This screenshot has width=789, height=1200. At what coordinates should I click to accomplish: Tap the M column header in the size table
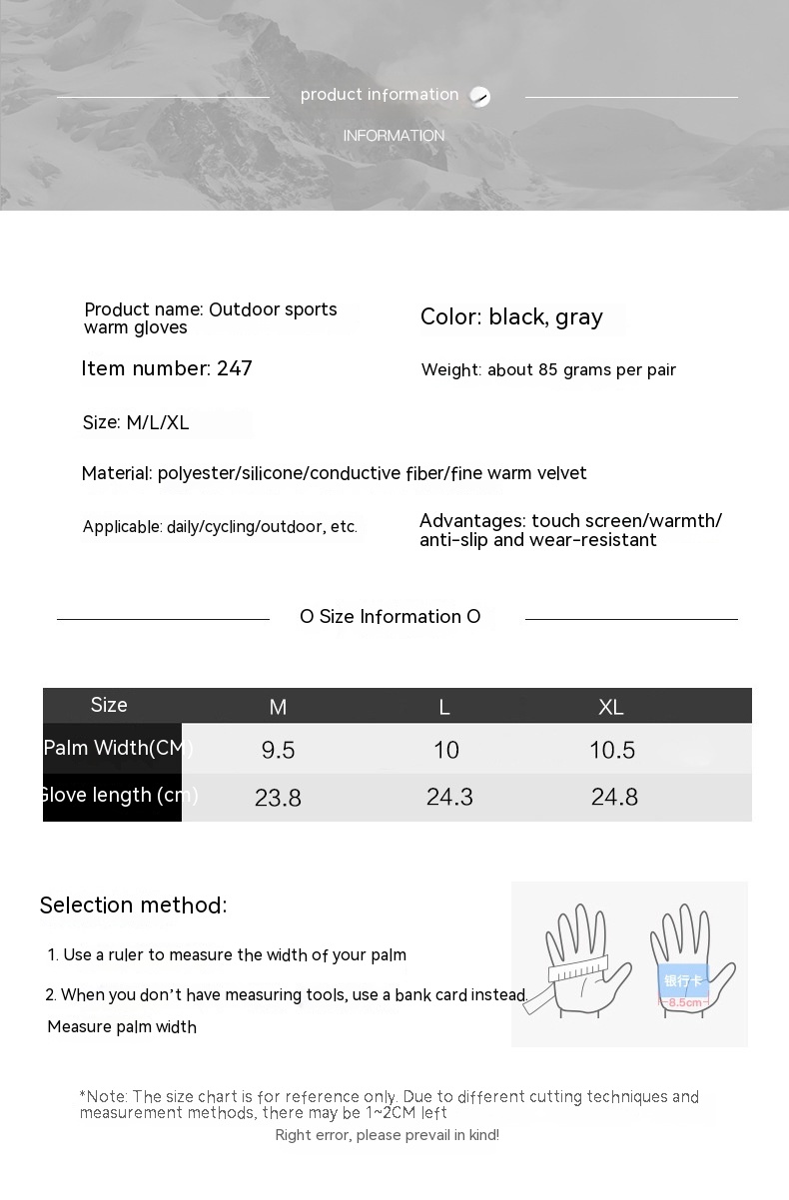[x=278, y=707]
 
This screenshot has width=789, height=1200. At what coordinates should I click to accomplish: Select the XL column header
[x=611, y=707]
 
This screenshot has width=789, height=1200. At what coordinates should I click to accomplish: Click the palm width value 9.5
[x=278, y=750]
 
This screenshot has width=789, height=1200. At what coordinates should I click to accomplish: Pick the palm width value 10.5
[x=612, y=750]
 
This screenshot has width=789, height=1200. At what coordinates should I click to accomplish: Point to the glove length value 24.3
[x=449, y=797]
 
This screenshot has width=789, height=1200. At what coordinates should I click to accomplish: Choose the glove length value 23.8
[x=278, y=798]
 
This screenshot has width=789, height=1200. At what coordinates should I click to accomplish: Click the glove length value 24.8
[x=614, y=797]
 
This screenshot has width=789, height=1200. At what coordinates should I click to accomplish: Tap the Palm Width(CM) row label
[x=118, y=748]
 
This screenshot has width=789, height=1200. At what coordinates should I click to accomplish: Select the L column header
[x=444, y=707]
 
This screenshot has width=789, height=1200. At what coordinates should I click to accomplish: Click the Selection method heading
[x=133, y=905]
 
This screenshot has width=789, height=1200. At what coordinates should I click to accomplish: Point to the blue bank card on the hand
[x=684, y=979]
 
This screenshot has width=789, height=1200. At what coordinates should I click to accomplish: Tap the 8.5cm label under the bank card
[x=685, y=1002]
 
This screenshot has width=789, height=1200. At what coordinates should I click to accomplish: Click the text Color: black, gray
[x=511, y=317]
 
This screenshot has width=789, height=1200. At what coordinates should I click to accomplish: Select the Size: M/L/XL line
[x=136, y=422]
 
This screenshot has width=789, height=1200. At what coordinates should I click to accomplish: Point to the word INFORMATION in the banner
[x=394, y=136]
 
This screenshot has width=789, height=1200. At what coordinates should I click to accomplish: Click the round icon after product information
[x=480, y=97]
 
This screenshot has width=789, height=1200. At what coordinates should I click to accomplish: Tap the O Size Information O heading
[x=391, y=617]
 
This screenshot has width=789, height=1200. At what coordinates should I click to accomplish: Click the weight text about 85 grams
[x=548, y=370]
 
